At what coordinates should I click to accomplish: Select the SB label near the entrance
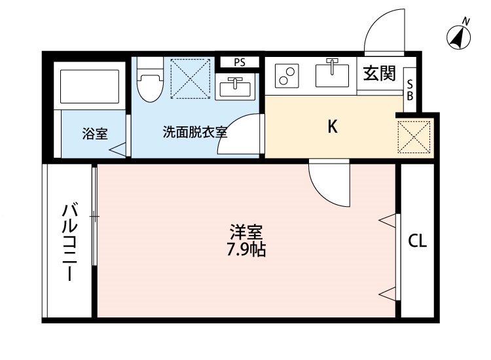410,90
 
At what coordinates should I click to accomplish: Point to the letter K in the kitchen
333,126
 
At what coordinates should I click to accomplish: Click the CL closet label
417,241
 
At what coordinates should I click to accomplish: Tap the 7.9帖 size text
246,249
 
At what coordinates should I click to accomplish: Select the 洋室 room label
246,232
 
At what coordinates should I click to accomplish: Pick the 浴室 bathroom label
95,134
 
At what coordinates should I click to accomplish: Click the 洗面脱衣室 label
194,132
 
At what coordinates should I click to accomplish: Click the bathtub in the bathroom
89,85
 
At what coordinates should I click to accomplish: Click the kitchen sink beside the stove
333,73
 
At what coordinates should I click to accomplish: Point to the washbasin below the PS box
234,86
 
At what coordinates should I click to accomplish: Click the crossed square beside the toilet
190,79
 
